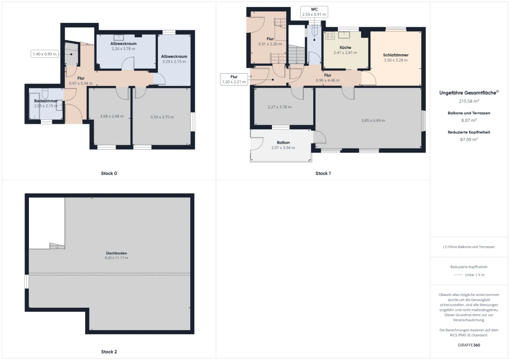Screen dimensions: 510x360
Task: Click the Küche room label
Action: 345,47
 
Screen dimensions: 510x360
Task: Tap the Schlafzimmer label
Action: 395,55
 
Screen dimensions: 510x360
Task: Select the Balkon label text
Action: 283,143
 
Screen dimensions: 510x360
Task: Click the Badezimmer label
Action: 46,101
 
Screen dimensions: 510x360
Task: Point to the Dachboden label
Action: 117,253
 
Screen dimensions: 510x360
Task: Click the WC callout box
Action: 314,12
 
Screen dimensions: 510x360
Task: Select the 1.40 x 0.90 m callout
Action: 44,54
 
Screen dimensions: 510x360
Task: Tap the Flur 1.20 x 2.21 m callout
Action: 234,79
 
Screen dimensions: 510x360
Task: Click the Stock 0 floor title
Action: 109,174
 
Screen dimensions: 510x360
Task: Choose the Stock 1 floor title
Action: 323,174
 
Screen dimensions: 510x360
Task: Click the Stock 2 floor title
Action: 109,352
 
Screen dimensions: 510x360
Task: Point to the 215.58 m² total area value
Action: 469,101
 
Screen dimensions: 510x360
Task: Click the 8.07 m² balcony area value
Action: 469,120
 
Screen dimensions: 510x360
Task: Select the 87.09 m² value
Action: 469,140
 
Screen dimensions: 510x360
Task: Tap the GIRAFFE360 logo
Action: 469,345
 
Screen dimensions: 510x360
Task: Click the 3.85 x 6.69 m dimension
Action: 373,120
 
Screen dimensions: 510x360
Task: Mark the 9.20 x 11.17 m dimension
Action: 117,258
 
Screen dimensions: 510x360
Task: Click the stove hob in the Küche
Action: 330,36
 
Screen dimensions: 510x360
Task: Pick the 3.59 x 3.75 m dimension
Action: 162,117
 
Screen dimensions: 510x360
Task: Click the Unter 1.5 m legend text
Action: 475,275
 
